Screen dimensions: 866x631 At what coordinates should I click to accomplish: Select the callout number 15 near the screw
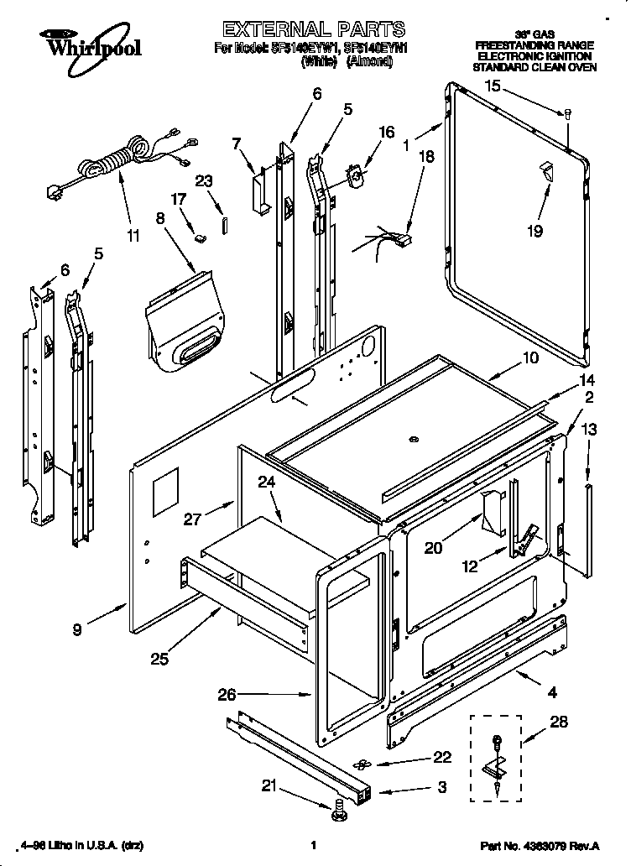493,85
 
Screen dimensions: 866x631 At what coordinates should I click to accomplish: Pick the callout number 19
535,232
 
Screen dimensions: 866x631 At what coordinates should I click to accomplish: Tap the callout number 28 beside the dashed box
557,721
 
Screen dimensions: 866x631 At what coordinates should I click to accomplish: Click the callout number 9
76,630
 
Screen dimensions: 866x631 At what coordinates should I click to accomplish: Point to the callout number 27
191,519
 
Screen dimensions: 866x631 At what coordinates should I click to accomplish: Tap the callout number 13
589,429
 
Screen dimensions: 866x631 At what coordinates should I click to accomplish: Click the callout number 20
433,548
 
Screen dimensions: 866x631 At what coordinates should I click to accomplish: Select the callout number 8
159,219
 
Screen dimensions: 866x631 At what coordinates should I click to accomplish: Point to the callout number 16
386,132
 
